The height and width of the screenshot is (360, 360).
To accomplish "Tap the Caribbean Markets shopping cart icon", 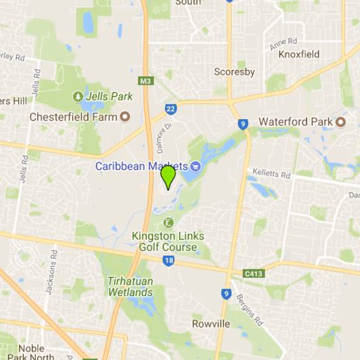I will [x=195, y=166].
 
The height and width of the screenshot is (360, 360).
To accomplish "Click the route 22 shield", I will [x=171, y=109].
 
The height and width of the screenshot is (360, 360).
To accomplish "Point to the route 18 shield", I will [x=169, y=261].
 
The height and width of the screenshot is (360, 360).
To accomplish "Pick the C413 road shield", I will [x=253, y=273].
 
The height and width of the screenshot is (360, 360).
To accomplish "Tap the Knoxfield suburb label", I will [x=299, y=54].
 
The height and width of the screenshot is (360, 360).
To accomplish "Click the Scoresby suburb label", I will [x=234, y=72].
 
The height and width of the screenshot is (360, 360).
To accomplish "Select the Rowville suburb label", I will [x=211, y=324].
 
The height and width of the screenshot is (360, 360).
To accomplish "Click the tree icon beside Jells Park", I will [x=78, y=96].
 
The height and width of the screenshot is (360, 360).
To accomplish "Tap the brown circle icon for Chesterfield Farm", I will [x=125, y=117].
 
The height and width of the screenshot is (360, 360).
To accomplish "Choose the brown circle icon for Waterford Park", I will [x=341, y=121].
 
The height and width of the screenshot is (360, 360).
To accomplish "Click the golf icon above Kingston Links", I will [x=168, y=222].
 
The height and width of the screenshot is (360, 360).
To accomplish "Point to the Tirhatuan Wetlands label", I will [x=130, y=287].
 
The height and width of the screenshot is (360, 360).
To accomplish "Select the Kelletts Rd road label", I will [x=271, y=174].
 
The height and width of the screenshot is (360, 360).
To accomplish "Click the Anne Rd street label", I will [x=283, y=44].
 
